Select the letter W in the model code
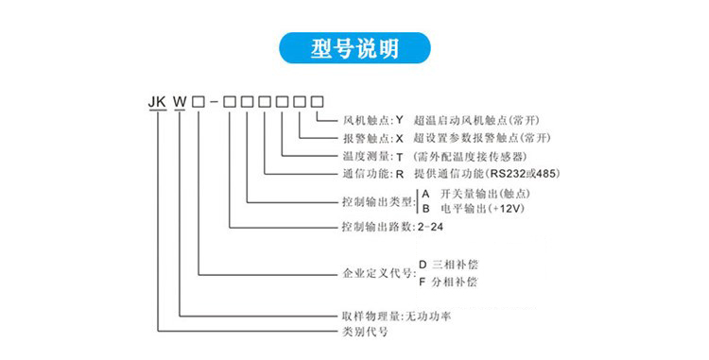click(x=179, y=100)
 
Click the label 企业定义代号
click(x=377, y=274)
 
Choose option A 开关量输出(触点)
click(x=474, y=193)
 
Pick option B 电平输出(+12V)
click(x=473, y=208)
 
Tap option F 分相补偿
click(x=455, y=282)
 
